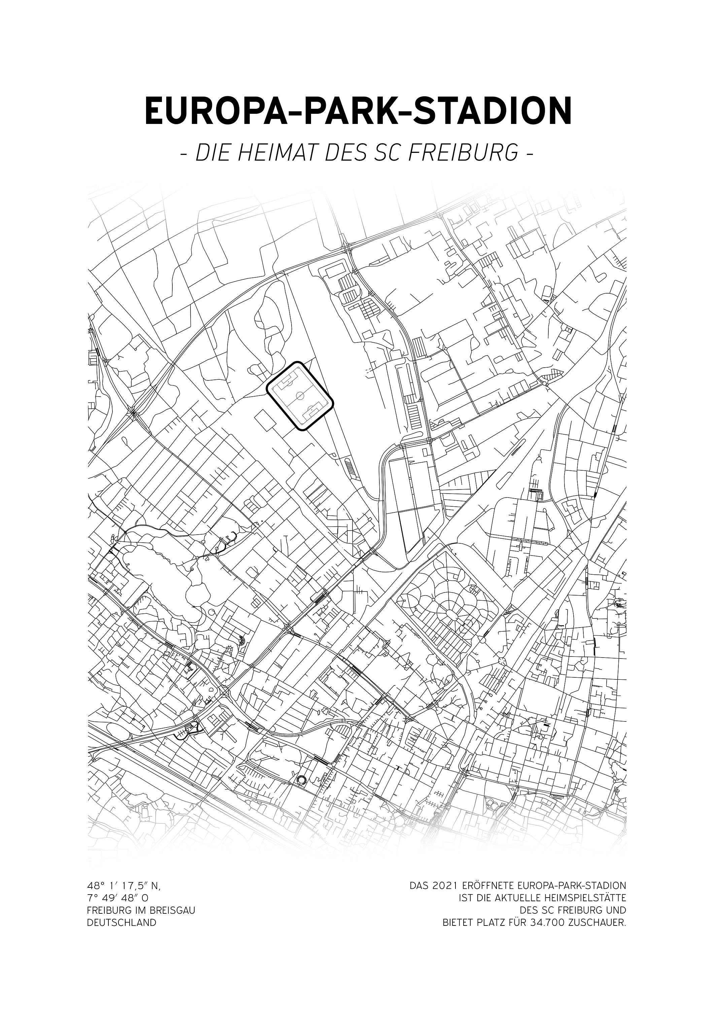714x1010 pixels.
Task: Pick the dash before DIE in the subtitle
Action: pos(185,154)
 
